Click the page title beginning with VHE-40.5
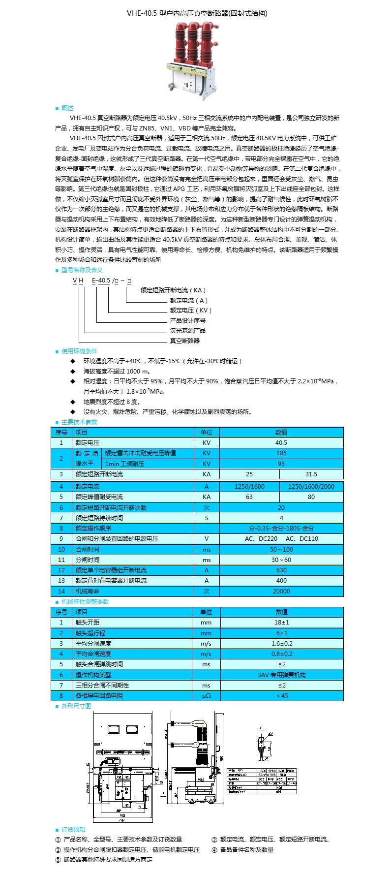point(197,13)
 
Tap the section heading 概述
point(67,108)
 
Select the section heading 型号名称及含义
point(82,270)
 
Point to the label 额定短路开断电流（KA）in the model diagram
point(173,290)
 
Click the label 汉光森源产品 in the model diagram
point(188,331)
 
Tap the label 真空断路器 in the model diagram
point(185,341)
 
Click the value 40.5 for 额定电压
point(281,443)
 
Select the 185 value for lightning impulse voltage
point(281,453)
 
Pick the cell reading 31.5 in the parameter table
point(311,474)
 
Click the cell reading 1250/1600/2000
point(311,487)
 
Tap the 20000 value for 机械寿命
point(281,592)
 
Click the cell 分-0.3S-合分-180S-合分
point(281,529)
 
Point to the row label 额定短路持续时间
point(99,518)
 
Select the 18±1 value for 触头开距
point(282,623)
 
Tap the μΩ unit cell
point(207,696)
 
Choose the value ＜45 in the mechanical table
point(282,696)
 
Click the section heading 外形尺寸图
point(76,706)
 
